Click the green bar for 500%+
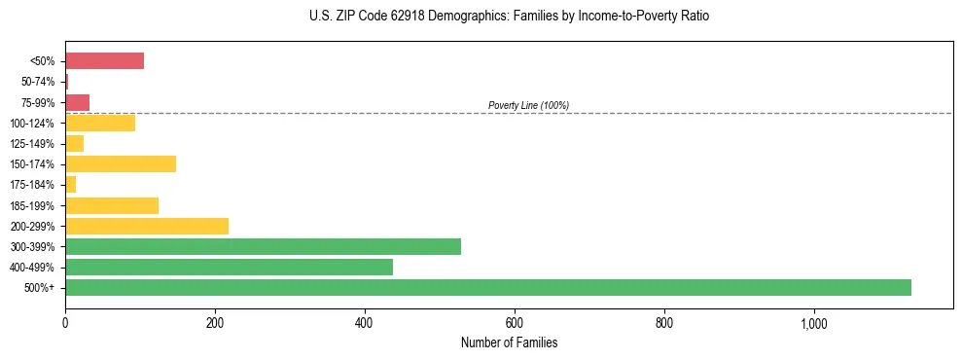coord(487,287)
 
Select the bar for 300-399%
coord(263,246)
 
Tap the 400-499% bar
coord(229,267)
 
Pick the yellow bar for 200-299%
coord(146,226)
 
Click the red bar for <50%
coord(104,61)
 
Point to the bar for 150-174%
coord(120,163)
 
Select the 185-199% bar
coord(111,205)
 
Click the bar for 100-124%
coord(99,123)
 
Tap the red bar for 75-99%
coord(77,102)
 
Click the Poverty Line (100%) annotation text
coord(528,105)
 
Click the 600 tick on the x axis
coord(515,324)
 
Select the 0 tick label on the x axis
coord(65,324)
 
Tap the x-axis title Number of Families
coord(509,342)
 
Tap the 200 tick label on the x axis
coord(215,324)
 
